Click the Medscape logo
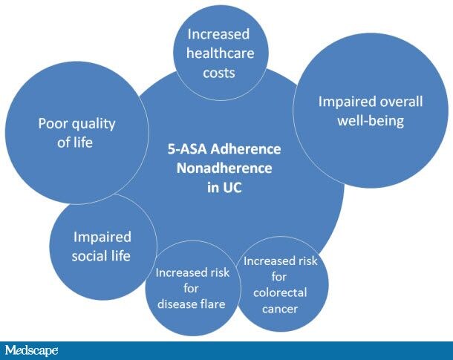tap(31, 350)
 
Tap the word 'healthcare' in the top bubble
tap(220, 53)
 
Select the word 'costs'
tap(218, 73)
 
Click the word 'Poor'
tap(53, 123)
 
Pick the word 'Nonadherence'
tap(224, 168)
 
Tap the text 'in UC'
tap(224, 187)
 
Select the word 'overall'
tap(401, 102)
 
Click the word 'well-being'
tap(371, 121)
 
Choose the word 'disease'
tap(176, 304)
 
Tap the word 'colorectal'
tap(280, 292)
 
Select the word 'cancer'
tap(280, 309)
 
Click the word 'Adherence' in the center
tap(246, 149)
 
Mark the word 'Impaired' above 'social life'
tap(102, 237)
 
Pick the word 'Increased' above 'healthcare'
tap(218, 34)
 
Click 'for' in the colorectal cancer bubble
tap(278, 277)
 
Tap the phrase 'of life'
tap(75, 143)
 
